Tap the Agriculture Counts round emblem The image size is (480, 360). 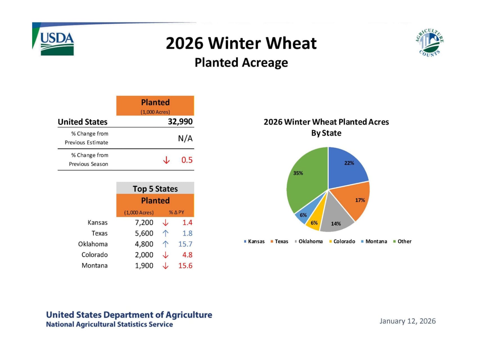[429, 43]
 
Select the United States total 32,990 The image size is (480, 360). [180, 121]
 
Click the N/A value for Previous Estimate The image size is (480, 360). [185, 138]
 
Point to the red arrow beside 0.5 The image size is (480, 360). [166, 160]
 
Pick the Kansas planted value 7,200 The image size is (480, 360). [144, 222]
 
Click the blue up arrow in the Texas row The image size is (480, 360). [166, 233]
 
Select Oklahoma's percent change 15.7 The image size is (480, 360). [185, 244]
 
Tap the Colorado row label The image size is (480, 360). [94, 255]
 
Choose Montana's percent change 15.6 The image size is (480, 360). [185, 265]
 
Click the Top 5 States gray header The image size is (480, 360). [155, 188]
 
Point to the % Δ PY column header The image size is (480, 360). [176, 212]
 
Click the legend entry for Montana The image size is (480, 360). [374, 241]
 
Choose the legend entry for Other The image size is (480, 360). [402, 241]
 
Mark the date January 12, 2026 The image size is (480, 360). [407, 321]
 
